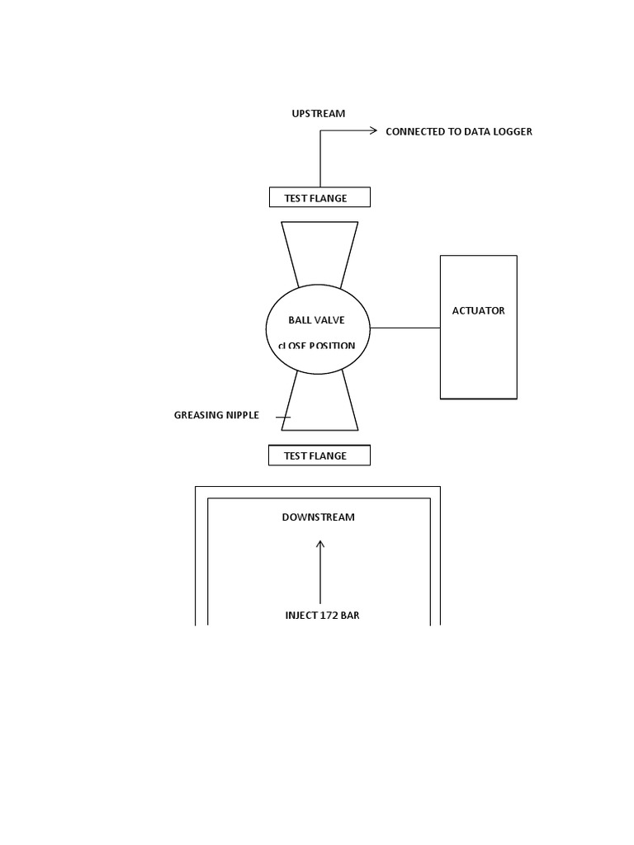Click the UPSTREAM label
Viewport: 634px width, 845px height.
click(318, 113)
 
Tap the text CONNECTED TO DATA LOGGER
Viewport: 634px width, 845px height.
click(458, 131)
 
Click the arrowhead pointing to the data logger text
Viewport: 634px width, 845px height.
click(373, 130)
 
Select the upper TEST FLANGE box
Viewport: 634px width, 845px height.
click(319, 197)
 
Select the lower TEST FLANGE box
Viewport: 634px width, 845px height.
click(319, 456)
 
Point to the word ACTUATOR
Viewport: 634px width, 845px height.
click(478, 311)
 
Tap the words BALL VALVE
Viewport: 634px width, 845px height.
click(316, 319)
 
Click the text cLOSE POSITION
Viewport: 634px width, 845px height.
click(316, 346)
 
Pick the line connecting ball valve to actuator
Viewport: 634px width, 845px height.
click(405, 328)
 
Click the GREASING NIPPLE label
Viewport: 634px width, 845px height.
click(216, 415)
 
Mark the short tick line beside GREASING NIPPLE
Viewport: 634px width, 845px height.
click(283, 418)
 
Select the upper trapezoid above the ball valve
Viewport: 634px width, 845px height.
click(319, 248)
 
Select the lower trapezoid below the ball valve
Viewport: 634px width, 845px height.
click(319, 408)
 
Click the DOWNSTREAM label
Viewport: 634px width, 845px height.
click(318, 517)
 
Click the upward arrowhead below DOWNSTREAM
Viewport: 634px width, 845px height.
click(320, 543)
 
